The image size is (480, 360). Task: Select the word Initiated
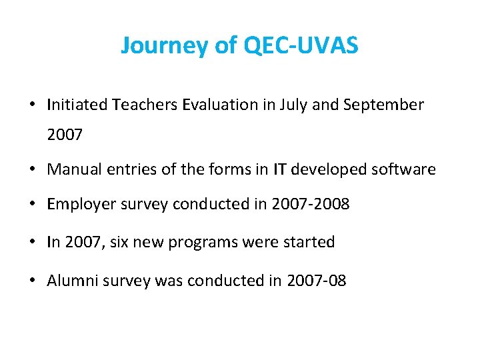tap(77, 105)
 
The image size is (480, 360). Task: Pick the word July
tap(290, 105)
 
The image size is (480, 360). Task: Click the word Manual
tap(73, 169)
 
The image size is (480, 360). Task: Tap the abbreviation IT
tap(280, 169)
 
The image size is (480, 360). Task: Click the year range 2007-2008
tap(310, 204)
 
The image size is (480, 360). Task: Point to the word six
tap(134, 242)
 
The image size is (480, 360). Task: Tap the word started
tap(311, 242)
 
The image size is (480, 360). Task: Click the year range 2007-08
tap(317, 281)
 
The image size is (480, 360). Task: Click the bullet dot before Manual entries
tap(32, 170)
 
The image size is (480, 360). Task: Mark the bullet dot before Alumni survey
tap(32, 281)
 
